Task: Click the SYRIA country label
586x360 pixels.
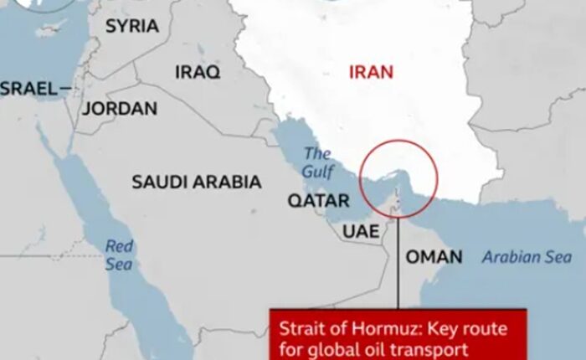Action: [x=131, y=26]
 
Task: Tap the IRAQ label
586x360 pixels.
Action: [x=198, y=72]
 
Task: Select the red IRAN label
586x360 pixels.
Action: [x=371, y=72]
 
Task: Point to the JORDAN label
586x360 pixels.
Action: [x=120, y=109]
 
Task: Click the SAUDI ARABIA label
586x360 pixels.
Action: [x=196, y=182]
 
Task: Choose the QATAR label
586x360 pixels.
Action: [x=318, y=201]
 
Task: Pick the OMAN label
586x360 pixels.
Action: [x=434, y=257]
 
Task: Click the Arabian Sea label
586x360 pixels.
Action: [x=527, y=257]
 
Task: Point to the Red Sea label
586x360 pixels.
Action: [x=119, y=255]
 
